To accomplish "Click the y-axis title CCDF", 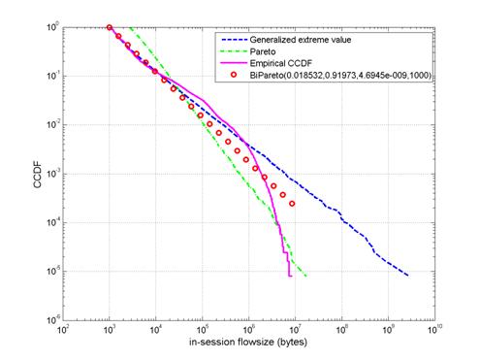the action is [38, 175].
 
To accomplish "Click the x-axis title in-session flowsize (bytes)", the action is [248, 343].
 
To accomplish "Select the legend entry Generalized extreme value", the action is [301, 40].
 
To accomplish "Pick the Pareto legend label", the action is [263, 51].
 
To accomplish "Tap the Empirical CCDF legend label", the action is [281, 63].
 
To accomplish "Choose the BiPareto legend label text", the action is [340, 76].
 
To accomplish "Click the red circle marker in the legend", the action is [234, 75].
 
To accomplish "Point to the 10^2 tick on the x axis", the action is [63, 330].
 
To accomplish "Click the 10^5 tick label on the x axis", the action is [203, 330].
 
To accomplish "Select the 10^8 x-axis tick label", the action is [342, 330].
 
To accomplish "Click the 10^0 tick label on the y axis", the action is [52, 27].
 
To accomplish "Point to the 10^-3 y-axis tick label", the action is [52, 174].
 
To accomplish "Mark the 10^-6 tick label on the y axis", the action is [52, 320].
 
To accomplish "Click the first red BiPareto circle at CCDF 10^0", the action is [110, 27].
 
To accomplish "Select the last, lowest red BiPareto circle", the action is [292, 204].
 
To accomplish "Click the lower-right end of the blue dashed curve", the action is [408, 276].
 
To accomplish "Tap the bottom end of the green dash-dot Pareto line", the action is [306, 277].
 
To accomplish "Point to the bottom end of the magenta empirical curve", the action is [291, 276].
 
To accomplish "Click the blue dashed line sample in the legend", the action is [234, 40].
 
